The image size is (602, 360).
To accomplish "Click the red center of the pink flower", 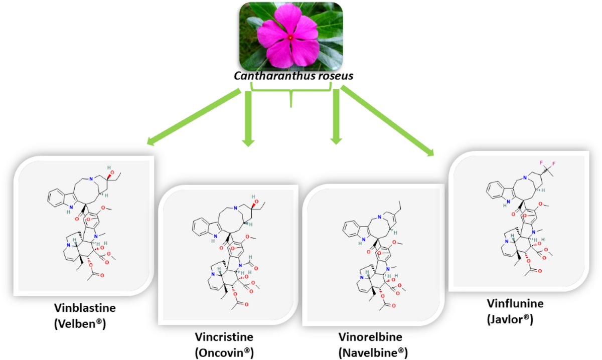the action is click(290, 38).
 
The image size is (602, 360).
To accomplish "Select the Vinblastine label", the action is click(85, 308).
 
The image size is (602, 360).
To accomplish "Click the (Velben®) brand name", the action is click(80, 324).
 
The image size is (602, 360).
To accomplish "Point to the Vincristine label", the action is click(224, 337).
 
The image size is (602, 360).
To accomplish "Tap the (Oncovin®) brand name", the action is click(224, 353).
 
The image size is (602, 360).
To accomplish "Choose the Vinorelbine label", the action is click(370, 337).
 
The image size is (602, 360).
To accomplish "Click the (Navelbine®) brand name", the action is click(373, 353).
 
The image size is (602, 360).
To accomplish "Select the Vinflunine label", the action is click(515, 303).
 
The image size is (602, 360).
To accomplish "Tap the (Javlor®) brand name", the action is click(510, 320).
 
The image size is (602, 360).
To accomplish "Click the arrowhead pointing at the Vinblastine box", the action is click(151, 141).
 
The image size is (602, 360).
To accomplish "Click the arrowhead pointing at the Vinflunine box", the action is click(430, 152).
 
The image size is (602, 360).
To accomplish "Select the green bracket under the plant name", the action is click(291, 91).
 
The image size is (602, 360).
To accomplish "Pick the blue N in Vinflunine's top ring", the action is click(525, 177).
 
